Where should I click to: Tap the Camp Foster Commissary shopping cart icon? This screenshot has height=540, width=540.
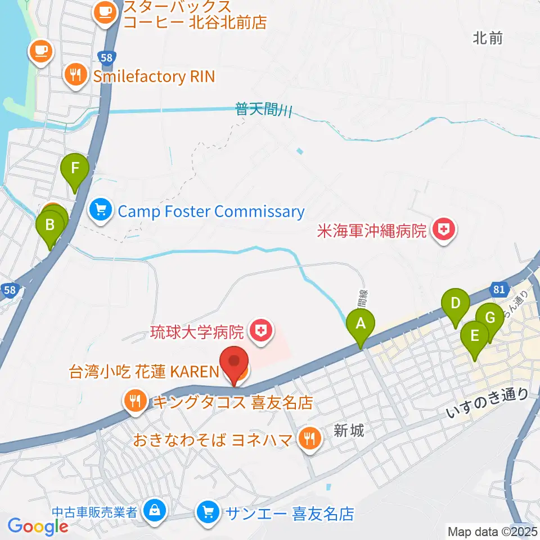101,211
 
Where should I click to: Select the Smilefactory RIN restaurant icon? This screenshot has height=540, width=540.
75,75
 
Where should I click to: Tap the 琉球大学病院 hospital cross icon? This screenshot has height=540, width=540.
259,331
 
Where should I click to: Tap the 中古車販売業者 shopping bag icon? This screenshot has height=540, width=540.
153,511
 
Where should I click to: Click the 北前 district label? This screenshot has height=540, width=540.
487,38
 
